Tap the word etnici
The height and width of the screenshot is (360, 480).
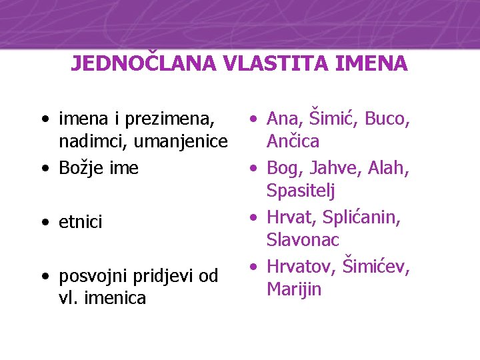point(81,222)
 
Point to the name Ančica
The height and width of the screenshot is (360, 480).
point(293,141)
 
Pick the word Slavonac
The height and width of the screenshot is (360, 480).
point(303,239)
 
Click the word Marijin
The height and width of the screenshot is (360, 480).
point(294,289)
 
